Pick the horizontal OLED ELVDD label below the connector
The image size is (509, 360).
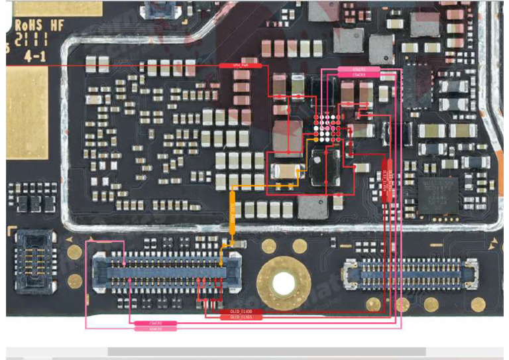point(241,311)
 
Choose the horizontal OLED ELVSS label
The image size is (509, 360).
point(241,317)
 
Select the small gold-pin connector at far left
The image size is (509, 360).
point(34,261)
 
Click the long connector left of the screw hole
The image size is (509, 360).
point(165,272)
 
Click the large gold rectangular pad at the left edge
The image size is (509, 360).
point(27,113)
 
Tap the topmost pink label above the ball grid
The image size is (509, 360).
point(359,69)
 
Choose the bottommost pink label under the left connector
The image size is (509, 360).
point(156,328)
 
